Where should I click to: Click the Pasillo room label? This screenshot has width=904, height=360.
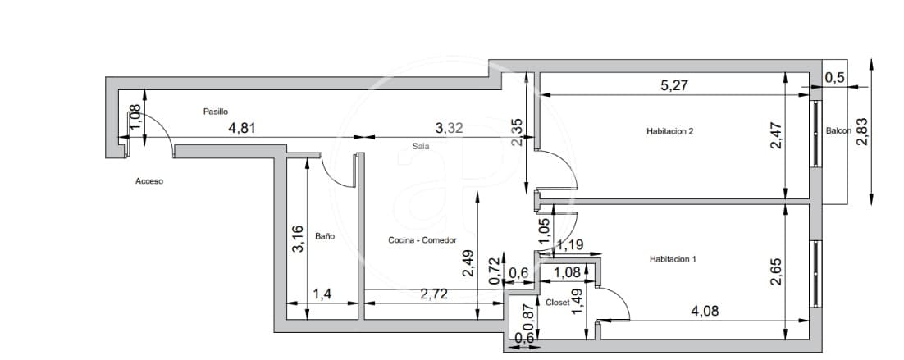[x=216, y=111]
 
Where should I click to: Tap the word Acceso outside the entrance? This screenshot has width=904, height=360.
[x=149, y=181]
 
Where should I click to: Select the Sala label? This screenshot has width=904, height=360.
[x=422, y=146]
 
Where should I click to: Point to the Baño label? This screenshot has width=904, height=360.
[x=324, y=236]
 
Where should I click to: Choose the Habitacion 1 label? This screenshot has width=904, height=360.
[x=672, y=259]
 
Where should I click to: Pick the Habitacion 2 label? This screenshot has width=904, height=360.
[x=670, y=130]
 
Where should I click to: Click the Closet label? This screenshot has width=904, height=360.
[x=557, y=303]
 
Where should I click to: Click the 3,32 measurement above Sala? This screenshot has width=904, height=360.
[x=450, y=127]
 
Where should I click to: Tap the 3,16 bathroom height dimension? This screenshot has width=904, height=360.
[x=298, y=239]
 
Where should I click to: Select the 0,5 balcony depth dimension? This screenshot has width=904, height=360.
[x=834, y=78]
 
